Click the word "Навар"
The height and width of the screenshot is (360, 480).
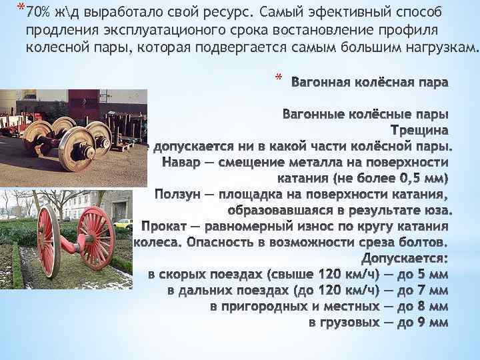pyautogui.click(x=182, y=162)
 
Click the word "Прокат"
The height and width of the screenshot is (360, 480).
pyautogui.click(x=163, y=226)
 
